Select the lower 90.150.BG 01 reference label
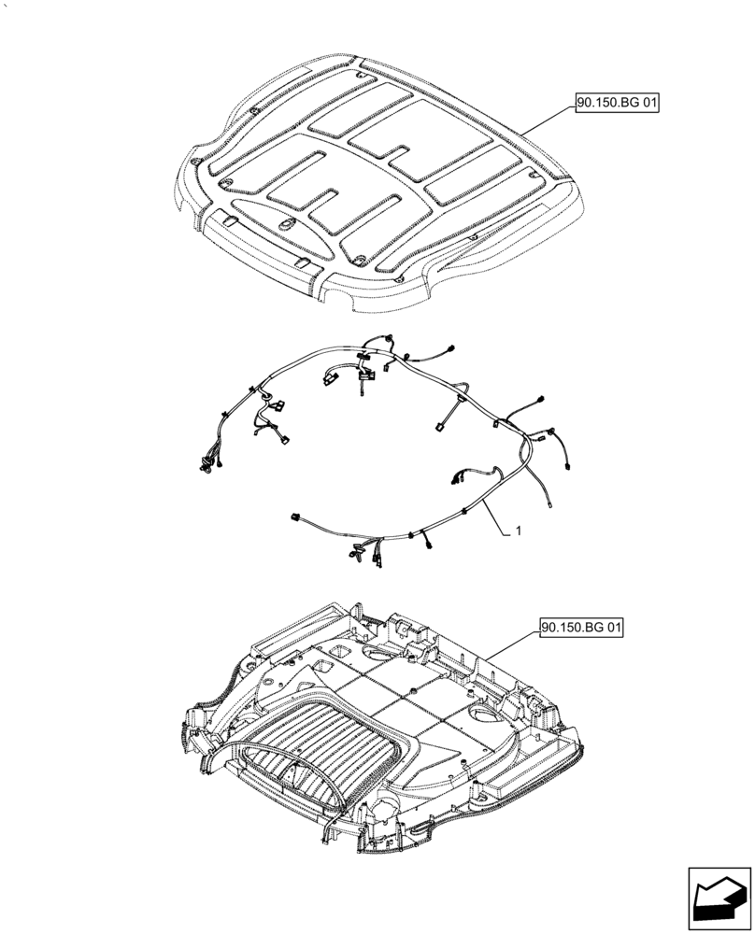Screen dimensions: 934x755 580,627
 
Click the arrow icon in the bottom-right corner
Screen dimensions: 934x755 719,887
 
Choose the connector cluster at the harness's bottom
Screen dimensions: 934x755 364,553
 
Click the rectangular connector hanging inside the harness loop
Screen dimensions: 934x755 437,428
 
